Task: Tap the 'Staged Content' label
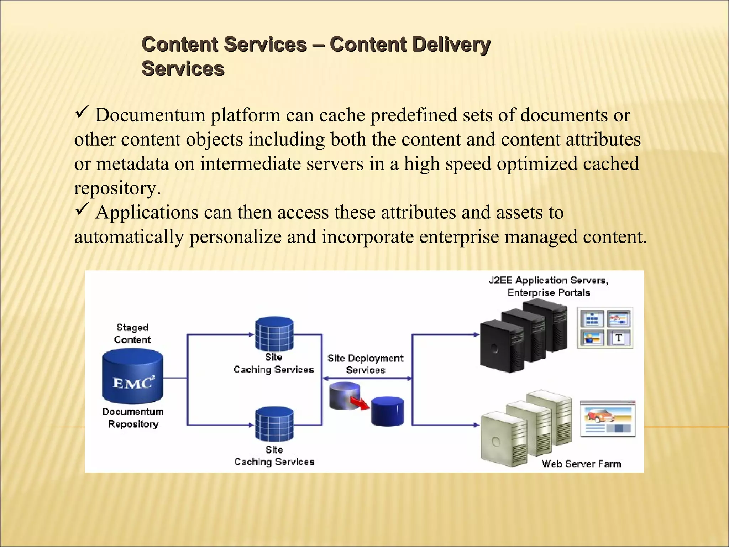132,334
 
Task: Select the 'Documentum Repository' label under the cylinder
133,418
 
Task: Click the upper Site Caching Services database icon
274,334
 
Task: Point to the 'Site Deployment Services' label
366,364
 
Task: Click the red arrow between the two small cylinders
360,403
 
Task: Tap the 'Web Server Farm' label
581,464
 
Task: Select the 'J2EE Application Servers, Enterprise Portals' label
549,286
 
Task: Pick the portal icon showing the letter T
619,338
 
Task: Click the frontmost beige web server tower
503,440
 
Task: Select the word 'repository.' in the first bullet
117,188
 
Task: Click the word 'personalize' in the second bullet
235,237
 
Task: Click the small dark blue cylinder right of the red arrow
387,411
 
